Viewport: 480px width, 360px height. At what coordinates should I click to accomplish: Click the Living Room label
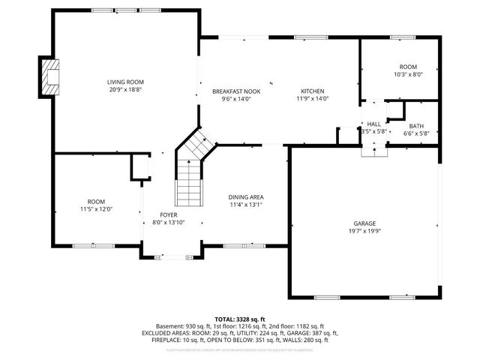(124, 82)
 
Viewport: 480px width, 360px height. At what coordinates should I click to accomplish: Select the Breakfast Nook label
(236, 91)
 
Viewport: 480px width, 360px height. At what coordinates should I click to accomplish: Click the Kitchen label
(313, 91)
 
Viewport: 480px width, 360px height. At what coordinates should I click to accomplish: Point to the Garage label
(364, 223)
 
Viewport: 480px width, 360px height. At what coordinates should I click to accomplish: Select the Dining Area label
(246, 197)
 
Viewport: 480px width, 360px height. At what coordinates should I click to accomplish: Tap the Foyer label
(168, 215)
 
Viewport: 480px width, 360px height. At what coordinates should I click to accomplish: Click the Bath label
(415, 126)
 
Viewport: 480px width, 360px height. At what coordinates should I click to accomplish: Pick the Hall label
(373, 124)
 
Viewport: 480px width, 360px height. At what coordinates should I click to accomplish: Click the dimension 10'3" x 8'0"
(409, 74)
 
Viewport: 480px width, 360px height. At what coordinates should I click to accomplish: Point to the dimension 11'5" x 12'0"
(96, 209)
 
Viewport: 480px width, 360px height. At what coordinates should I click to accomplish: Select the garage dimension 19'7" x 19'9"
(364, 231)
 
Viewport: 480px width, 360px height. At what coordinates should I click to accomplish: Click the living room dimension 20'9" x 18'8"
(124, 89)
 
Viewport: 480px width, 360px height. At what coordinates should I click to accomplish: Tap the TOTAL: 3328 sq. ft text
(240, 319)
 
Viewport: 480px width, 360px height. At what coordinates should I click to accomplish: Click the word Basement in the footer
(170, 326)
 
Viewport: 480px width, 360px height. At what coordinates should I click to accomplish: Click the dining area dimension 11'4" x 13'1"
(246, 205)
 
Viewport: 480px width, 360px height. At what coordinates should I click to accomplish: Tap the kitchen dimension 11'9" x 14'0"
(313, 99)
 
